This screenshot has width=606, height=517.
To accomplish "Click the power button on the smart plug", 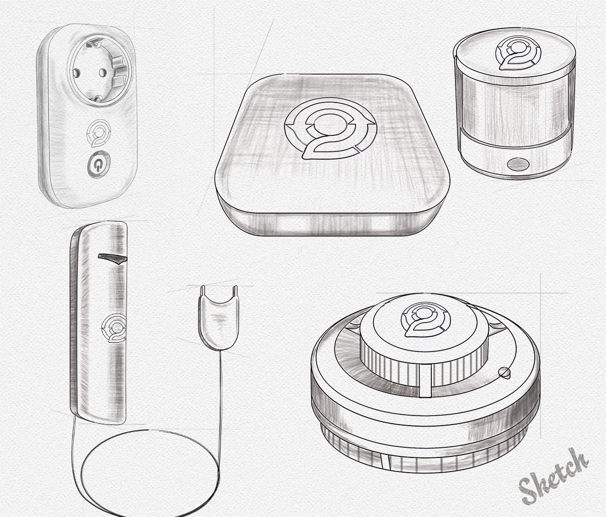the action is (99, 165).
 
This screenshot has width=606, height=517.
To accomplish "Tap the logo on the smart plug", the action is (99, 133).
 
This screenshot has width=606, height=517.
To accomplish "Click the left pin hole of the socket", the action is (76, 72).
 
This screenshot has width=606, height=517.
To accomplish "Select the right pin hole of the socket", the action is (102, 72).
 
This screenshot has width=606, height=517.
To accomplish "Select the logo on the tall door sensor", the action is (114, 328).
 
